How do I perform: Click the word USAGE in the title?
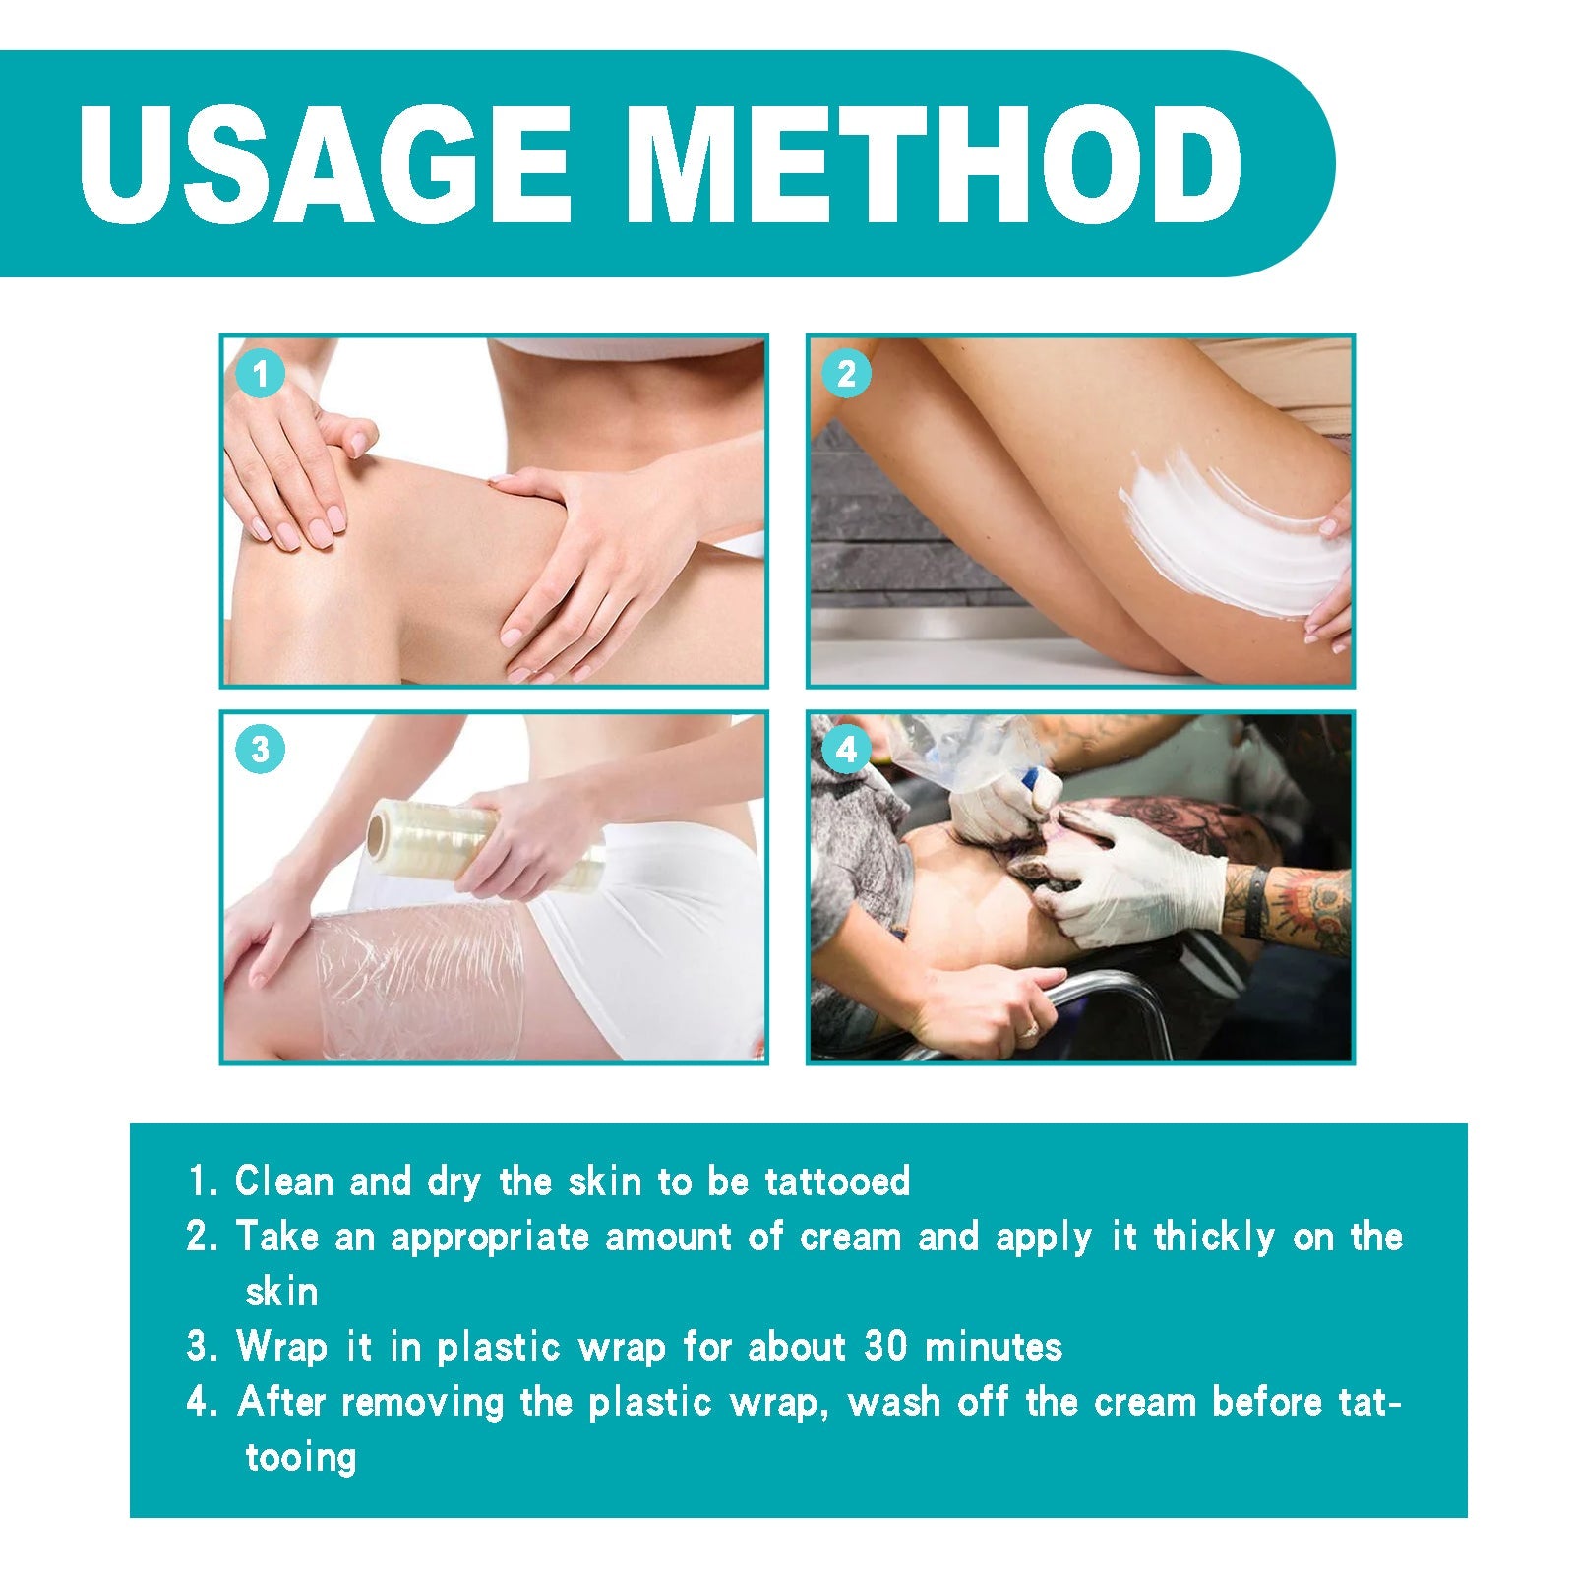325,164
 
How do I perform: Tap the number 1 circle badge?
260,374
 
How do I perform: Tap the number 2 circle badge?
846,374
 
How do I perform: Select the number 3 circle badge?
260,750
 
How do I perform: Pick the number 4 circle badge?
846,750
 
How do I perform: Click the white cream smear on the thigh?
1230,536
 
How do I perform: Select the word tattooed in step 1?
837,1180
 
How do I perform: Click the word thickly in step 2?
1214,1237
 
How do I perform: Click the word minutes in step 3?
994,1346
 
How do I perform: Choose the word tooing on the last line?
300,1458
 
